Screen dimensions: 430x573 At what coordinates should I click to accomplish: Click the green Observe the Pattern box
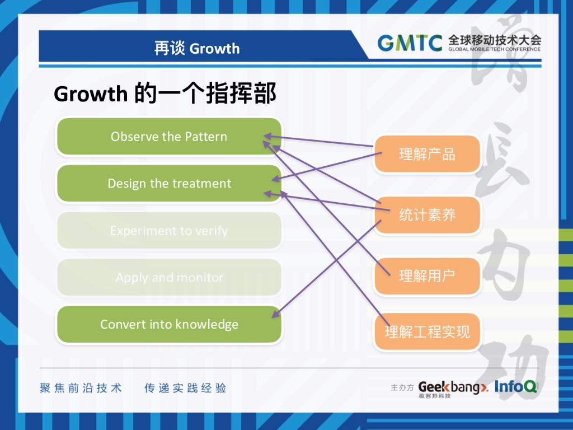pyautogui.click(x=169, y=137)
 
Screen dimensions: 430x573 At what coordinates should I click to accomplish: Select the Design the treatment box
pyautogui.click(x=169, y=184)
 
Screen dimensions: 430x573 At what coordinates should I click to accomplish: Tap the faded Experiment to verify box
pyautogui.click(x=169, y=231)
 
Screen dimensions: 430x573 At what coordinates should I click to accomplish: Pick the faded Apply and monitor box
pyautogui.click(x=169, y=278)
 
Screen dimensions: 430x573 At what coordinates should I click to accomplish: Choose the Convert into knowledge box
pyautogui.click(x=169, y=325)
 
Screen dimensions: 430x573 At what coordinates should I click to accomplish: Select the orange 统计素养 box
pyautogui.click(x=427, y=215)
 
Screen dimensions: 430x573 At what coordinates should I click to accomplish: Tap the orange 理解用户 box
pyautogui.click(x=427, y=275)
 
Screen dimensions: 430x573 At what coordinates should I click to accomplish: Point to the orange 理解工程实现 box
pyautogui.click(x=427, y=332)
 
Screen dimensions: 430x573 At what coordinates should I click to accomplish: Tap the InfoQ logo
pyautogui.click(x=515, y=386)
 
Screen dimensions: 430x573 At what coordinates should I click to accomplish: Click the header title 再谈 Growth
pyautogui.click(x=197, y=49)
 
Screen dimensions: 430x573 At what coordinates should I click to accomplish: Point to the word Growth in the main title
pyautogui.click(x=91, y=94)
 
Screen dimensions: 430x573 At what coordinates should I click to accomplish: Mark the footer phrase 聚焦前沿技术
pyautogui.click(x=81, y=388)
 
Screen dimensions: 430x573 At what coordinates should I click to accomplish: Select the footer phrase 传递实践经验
pyautogui.click(x=185, y=388)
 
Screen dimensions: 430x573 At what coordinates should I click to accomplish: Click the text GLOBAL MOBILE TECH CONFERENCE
pyautogui.click(x=494, y=49)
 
